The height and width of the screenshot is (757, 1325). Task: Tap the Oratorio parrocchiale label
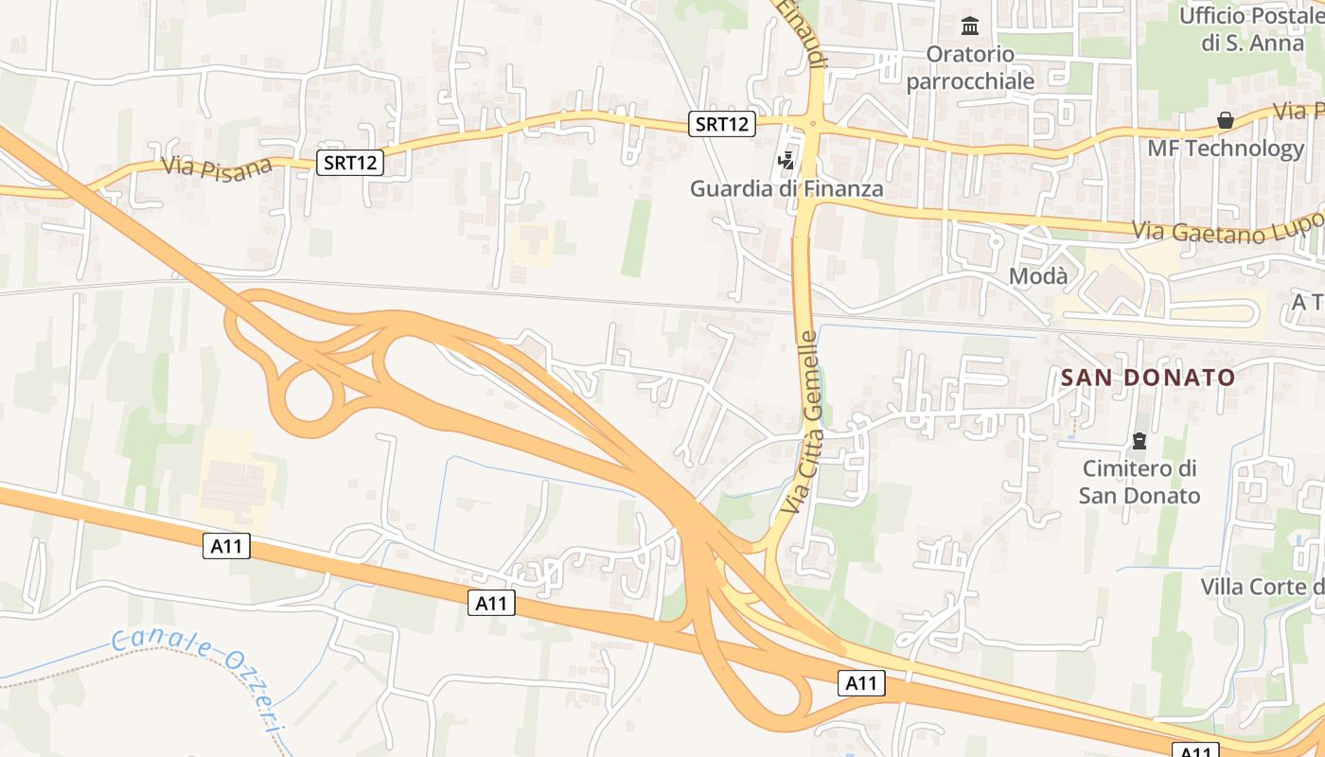tap(970, 67)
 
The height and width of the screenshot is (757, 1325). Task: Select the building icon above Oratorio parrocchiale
tap(970, 26)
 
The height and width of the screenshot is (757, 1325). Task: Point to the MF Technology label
tap(1226, 149)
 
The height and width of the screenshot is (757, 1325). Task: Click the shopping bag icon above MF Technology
tap(1226, 120)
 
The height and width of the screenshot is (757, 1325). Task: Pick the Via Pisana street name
tap(217, 166)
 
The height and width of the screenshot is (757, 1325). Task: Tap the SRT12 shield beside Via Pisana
tap(350, 163)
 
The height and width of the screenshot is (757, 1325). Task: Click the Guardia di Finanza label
tap(786, 188)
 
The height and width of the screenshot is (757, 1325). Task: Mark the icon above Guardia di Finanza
tap(786, 161)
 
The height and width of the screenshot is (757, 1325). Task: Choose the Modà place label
tap(1038, 276)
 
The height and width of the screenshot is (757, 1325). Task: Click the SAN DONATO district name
tap(1147, 378)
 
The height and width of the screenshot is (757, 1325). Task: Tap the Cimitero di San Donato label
tap(1139, 482)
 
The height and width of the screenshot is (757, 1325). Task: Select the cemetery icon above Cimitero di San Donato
tap(1139, 441)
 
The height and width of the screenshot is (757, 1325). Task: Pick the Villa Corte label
tap(1262, 587)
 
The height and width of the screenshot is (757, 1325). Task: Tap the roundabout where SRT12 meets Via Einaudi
tap(812, 122)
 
